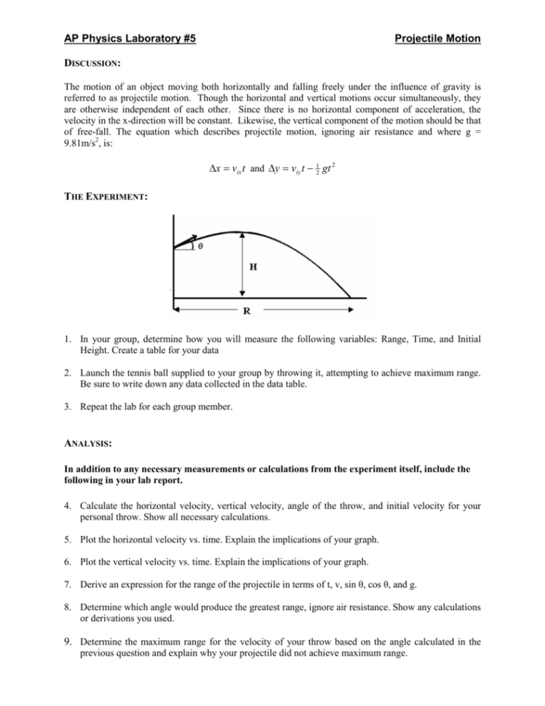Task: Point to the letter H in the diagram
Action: [x=252, y=267]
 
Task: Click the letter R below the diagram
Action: [x=247, y=312]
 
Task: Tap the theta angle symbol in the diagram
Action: [x=200, y=247]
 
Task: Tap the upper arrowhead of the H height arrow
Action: [x=242, y=235]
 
